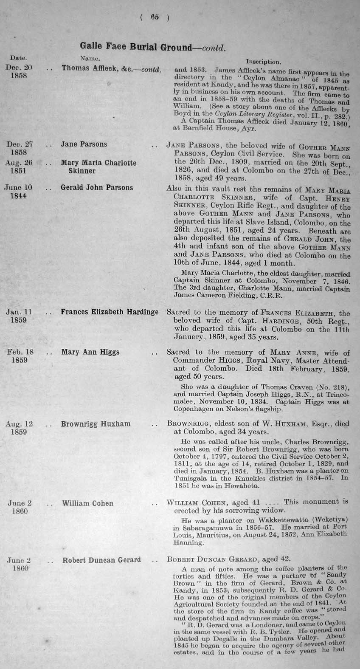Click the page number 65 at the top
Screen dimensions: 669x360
[x=154, y=17]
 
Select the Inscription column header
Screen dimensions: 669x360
[x=263, y=62]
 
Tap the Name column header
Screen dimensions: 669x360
[x=90, y=58]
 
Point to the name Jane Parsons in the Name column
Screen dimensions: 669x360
[x=84, y=144]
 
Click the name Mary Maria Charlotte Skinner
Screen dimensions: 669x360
[x=98, y=167]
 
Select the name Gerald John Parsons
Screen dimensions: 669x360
[x=97, y=188]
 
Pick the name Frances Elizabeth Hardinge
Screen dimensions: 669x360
[x=110, y=312]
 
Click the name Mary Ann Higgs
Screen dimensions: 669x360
[x=90, y=352]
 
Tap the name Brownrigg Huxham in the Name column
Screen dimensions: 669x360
[x=96, y=424]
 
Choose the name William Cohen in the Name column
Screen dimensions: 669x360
[x=87, y=503]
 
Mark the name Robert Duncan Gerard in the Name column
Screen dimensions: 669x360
[x=101, y=560]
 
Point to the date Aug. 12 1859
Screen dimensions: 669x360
[x=19, y=428]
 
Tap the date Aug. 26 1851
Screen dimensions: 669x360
[x=19, y=167]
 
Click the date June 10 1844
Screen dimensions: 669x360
[x=19, y=192]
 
